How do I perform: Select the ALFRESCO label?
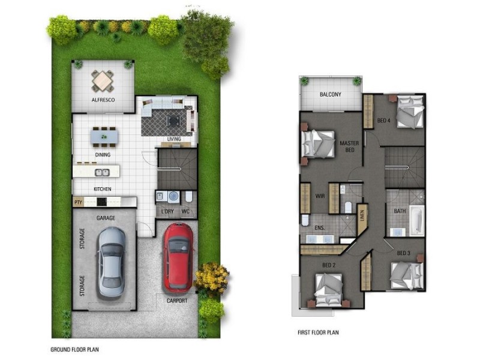(x=103, y=100)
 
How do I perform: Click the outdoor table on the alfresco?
(x=103, y=80)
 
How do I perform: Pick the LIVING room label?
(x=175, y=140)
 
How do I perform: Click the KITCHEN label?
(x=102, y=189)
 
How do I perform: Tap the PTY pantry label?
(x=78, y=202)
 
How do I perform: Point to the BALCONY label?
(x=331, y=95)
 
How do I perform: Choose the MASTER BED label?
(x=349, y=146)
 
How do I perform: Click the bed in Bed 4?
(x=409, y=112)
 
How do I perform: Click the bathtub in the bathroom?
(x=416, y=221)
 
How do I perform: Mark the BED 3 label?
(x=403, y=253)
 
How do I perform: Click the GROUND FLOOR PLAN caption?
(x=75, y=349)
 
